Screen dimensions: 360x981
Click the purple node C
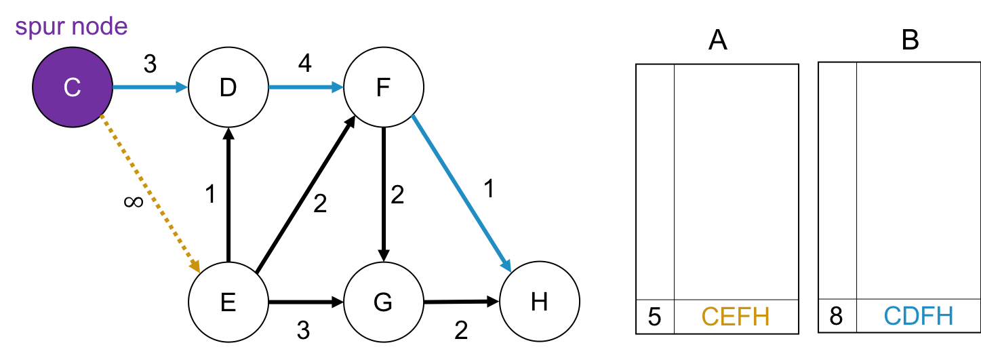click(73, 87)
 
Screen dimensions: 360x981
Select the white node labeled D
click(228, 87)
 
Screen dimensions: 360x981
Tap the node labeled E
click(228, 301)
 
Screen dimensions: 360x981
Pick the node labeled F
click(384, 87)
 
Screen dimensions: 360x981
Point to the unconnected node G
click(384, 301)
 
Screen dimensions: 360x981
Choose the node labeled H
click(540, 301)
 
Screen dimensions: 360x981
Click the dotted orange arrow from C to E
click(149, 193)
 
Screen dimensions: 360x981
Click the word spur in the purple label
click(39, 27)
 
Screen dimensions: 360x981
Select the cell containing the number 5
click(655, 317)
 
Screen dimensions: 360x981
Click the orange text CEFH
click(736, 317)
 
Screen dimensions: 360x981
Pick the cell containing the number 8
click(837, 316)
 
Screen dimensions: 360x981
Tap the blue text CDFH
click(919, 316)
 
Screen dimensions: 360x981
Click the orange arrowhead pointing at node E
click(195, 266)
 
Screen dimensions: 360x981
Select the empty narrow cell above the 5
click(655, 182)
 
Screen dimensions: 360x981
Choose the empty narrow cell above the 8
click(837, 181)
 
